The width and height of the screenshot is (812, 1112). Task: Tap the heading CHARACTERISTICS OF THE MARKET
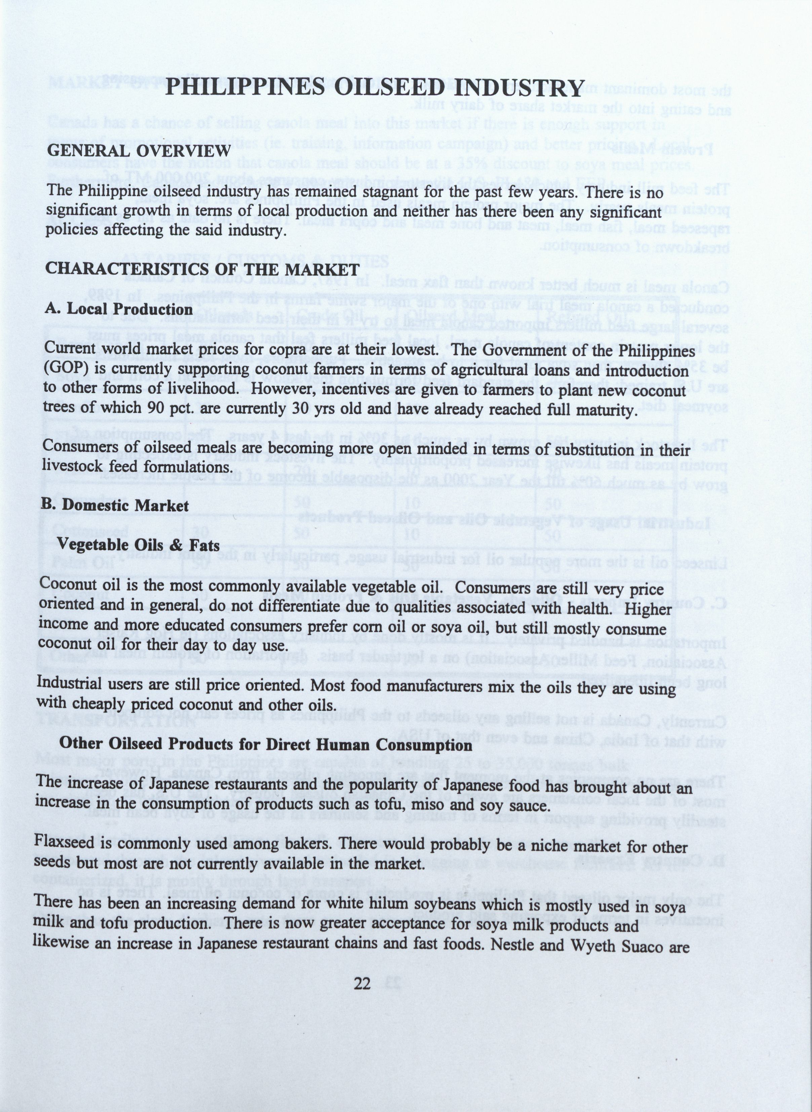click(x=202, y=269)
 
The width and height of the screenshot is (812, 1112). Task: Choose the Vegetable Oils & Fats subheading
click(x=139, y=545)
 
